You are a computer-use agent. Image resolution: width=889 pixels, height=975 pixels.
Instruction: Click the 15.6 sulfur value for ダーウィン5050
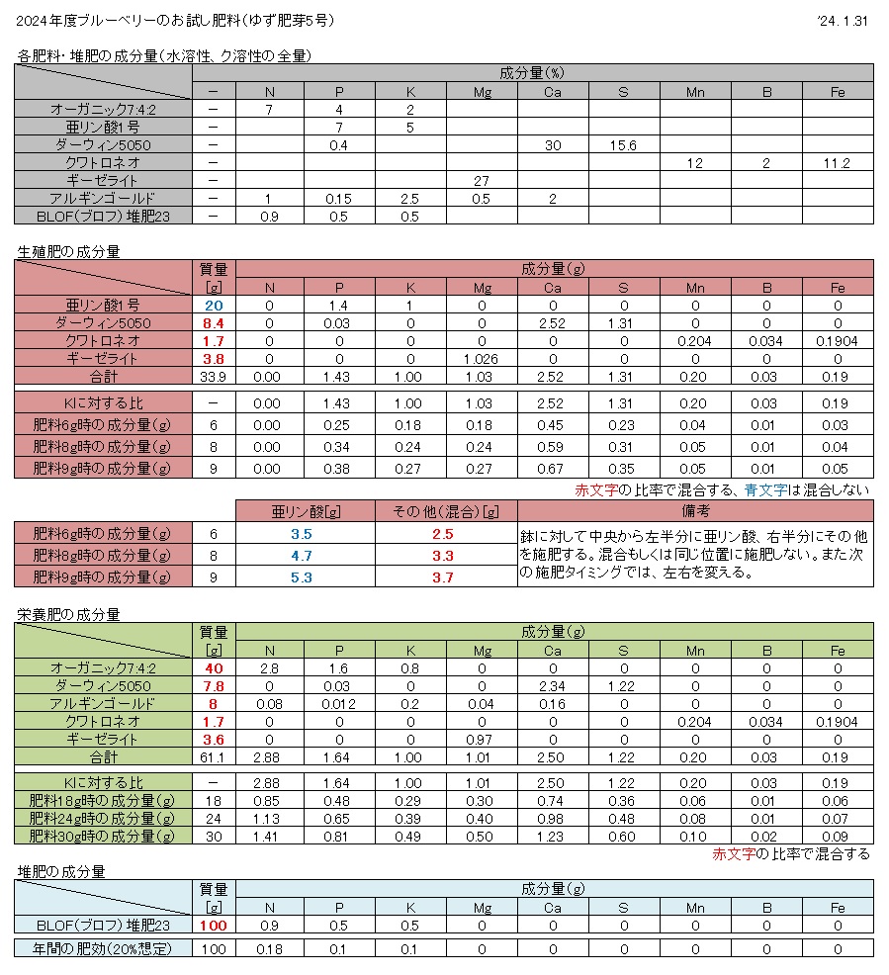(x=623, y=145)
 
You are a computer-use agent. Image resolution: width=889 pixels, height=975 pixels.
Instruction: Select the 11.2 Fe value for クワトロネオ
(x=837, y=163)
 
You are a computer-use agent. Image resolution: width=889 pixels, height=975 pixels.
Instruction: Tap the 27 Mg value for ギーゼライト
(x=483, y=181)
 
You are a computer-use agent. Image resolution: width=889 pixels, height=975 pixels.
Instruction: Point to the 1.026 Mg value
(x=483, y=359)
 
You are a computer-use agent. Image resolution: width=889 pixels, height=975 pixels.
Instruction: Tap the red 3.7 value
(x=445, y=577)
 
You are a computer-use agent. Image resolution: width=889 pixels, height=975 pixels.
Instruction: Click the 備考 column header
(x=694, y=511)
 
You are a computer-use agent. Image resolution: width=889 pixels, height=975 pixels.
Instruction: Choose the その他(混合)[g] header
(x=445, y=511)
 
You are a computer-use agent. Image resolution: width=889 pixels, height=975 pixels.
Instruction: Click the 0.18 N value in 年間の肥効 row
(x=269, y=949)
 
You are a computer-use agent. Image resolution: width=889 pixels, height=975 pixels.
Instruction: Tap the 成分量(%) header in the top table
(x=553, y=73)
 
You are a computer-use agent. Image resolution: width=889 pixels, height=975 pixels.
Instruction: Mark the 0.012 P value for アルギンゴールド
(x=340, y=704)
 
